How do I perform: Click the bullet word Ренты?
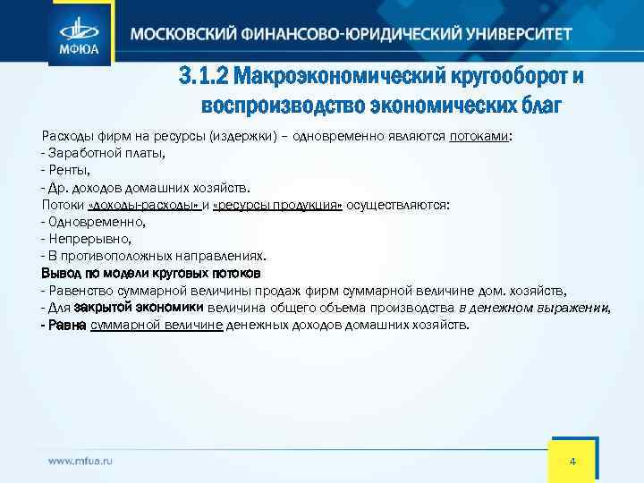coord(71,171)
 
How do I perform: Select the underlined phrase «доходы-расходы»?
coord(143,205)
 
